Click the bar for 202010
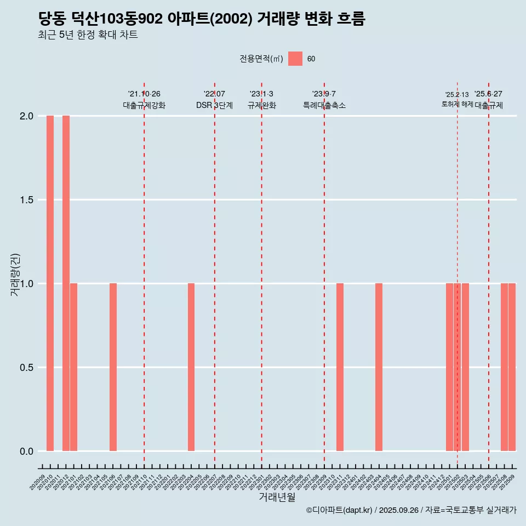tap(50, 283)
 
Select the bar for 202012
tap(66, 283)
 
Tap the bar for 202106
tap(113, 367)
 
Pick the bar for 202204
tap(191, 367)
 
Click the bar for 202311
tap(340, 367)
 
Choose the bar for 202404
tap(379, 367)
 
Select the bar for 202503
tap(465, 367)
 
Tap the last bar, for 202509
tap(512, 367)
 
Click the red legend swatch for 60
tap(295, 59)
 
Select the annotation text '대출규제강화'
tap(144, 105)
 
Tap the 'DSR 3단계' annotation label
tap(214, 105)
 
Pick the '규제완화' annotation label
tap(261, 105)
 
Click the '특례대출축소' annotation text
tap(324, 105)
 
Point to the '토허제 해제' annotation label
tap(457, 104)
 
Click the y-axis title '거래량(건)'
tap(15, 275)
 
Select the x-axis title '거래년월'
tap(277, 498)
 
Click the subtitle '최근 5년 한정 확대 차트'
tap(88, 35)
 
